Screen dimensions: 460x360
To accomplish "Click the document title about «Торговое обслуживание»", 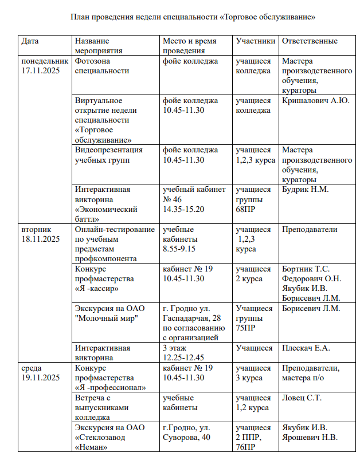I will (193, 17).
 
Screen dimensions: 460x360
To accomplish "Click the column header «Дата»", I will (30, 41).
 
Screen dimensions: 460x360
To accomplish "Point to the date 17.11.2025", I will (41, 70).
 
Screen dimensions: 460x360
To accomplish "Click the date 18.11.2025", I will (41, 239).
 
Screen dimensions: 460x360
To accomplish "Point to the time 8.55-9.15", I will (180, 249).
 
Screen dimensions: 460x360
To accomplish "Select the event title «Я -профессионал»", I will (111, 387).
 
